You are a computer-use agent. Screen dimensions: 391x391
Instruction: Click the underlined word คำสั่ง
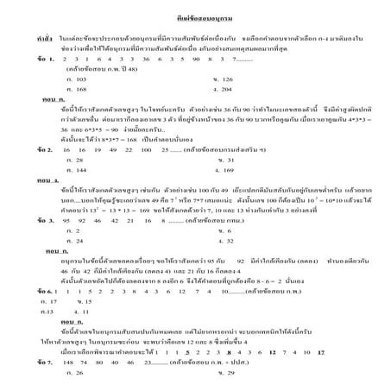[x=20, y=40]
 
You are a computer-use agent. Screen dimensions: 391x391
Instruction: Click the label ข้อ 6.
[x=20, y=293]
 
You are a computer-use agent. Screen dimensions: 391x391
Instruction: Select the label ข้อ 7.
[x=20, y=363]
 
